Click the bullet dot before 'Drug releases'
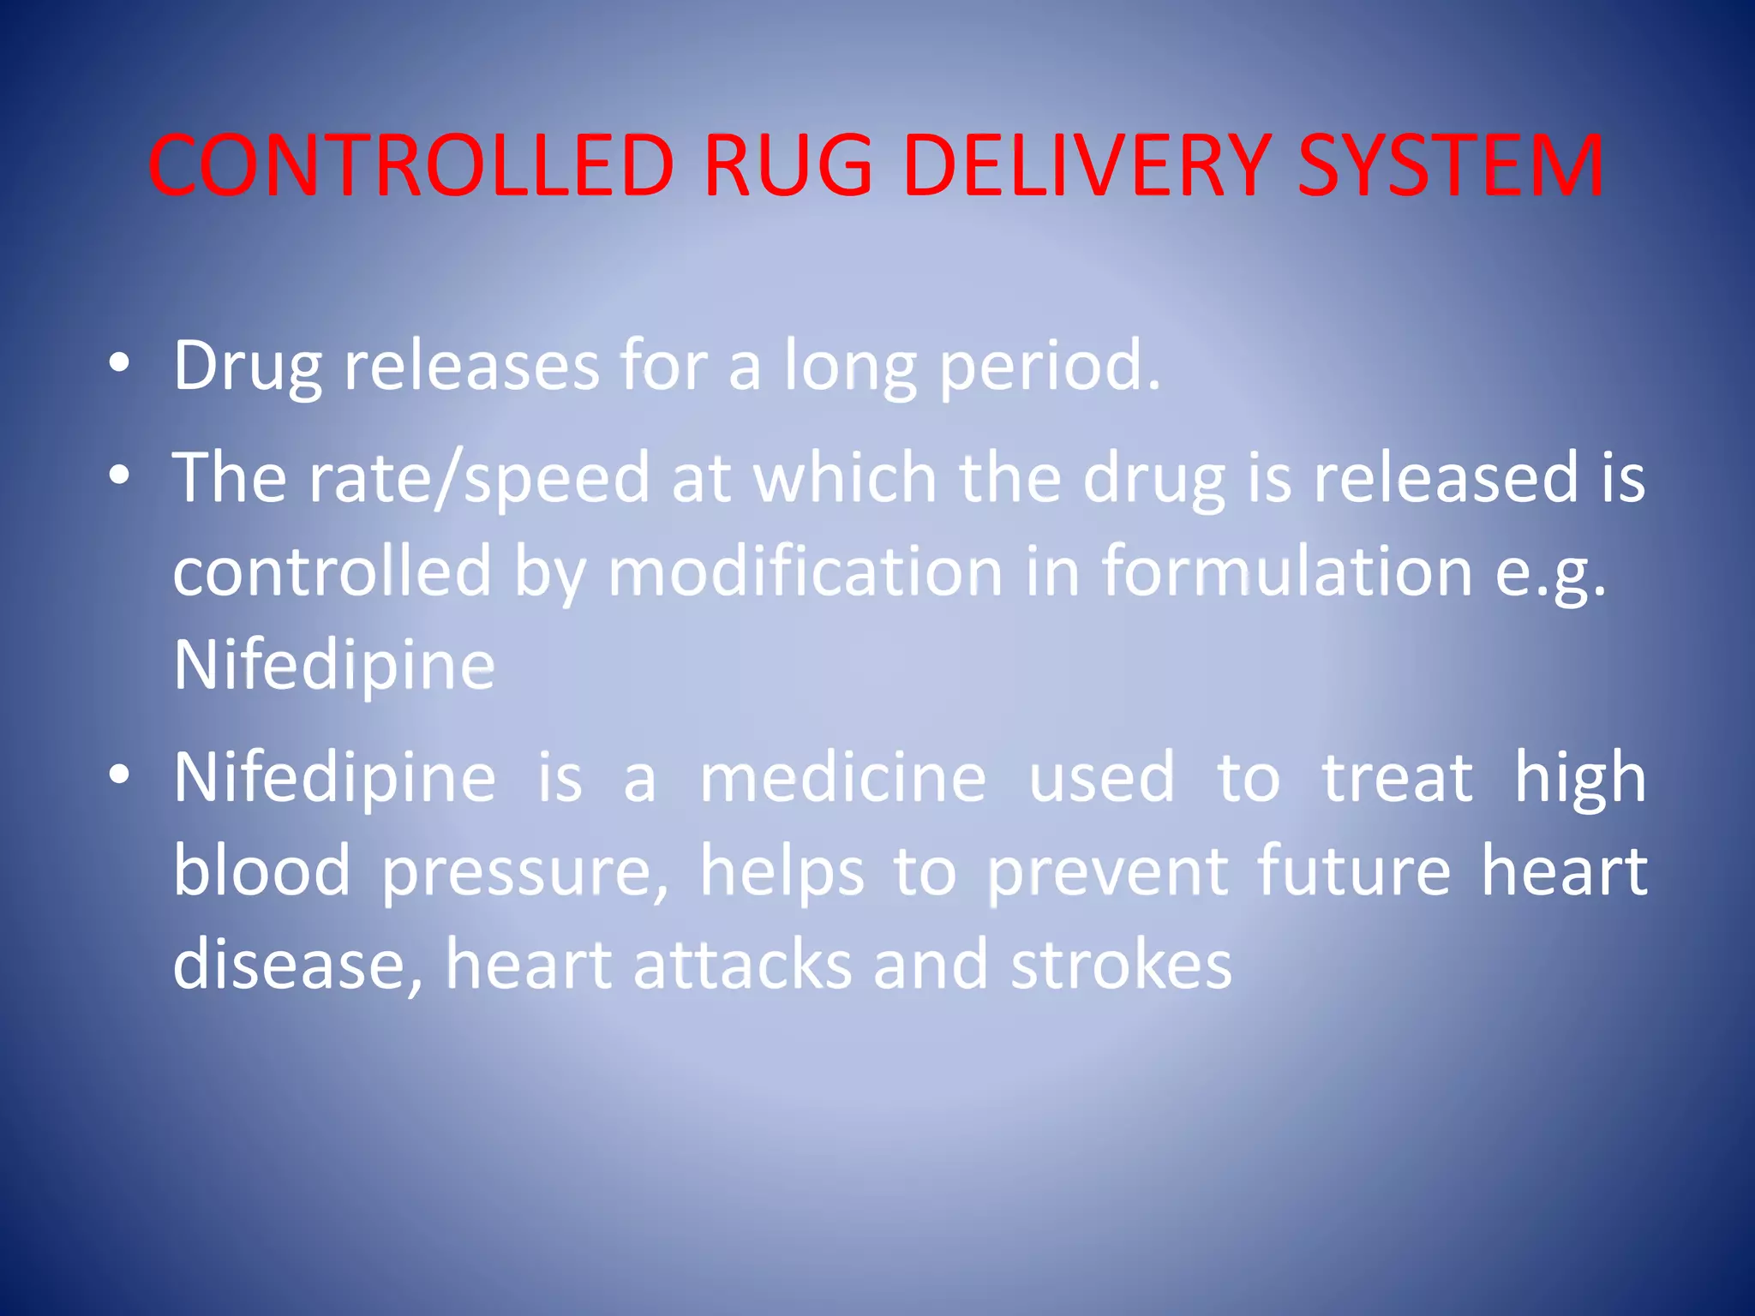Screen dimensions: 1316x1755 pyautogui.click(x=119, y=364)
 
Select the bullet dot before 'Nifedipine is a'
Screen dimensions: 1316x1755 pyautogui.click(x=119, y=775)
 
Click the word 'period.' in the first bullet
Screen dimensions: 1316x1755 pyautogui.click(x=1051, y=367)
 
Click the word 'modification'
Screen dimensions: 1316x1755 pyautogui.click(x=805, y=571)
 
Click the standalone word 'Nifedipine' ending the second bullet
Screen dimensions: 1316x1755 pyautogui.click(x=334, y=666)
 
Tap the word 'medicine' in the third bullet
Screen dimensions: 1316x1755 pyautogui.click(x=843, y=777)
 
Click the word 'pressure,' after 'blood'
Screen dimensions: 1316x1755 pyautogui.click(x=524, y=872)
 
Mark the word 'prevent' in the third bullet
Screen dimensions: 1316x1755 pyautogui.click(x=1108, y=872)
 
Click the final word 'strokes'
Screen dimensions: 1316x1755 pyautogui.click(x=1121, y=965)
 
